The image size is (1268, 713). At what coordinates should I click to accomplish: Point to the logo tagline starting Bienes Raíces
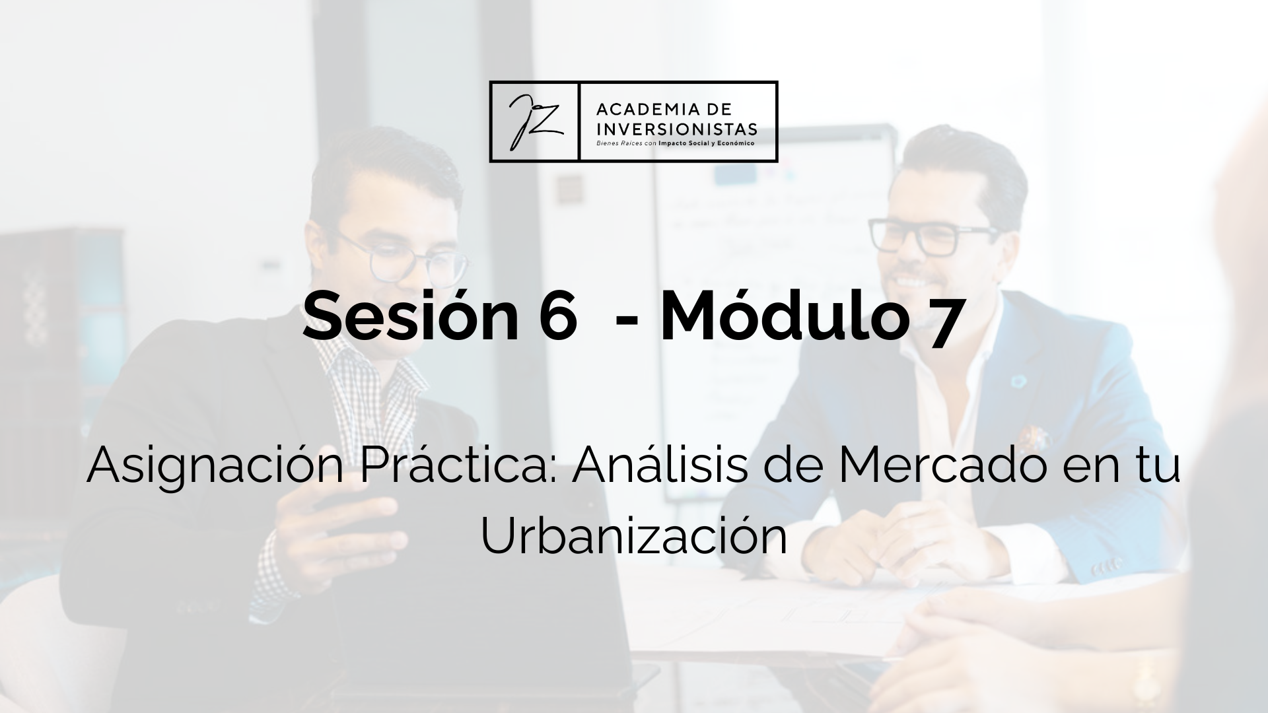pyautogui.click(x=676, y=142)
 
